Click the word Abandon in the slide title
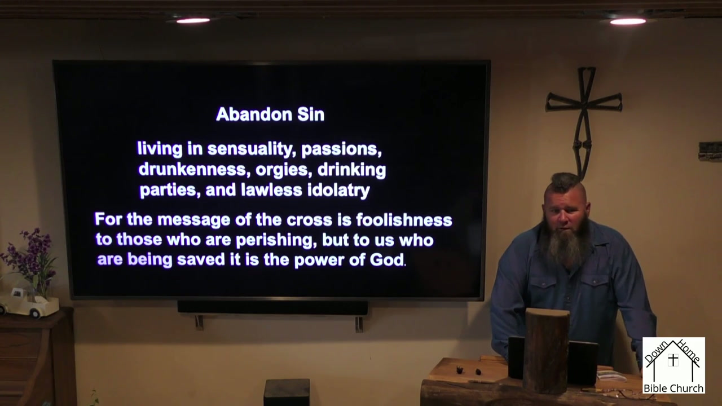point(254,114)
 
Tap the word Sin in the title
point(311,114)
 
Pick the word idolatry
point(338,190)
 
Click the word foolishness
point(404,220)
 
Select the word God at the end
point(387,260)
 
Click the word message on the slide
point(193,220)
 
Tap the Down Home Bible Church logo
point(673,365)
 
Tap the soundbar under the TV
point(272,308)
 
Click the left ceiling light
point(193,21)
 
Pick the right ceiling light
point(628,21)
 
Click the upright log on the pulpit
point(545,351)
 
